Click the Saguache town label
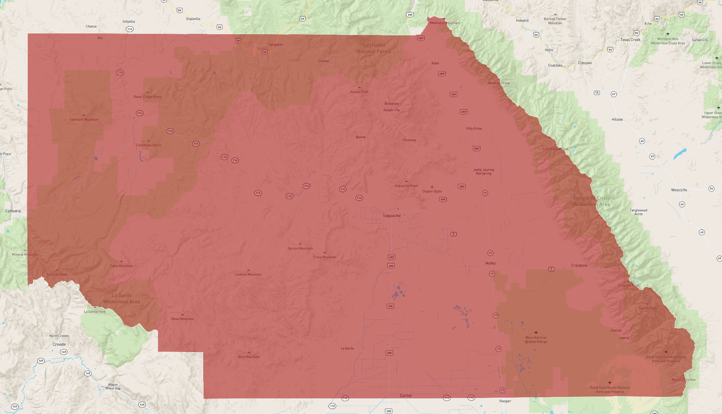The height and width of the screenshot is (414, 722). click(x=392, y=216)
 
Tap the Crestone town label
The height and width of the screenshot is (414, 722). click(x=579, y=265)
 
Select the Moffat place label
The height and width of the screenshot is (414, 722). click(x=490, y=263)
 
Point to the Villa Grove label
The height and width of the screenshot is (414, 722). click(x=474, y=128)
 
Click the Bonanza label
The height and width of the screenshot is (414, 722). click(x=392, y=104)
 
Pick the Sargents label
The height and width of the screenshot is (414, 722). click(x=276, y=45)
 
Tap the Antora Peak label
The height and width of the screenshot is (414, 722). click(x=359, y=92)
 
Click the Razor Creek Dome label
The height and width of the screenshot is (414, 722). click(x=147, y=97)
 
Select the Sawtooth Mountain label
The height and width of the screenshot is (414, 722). click(x=84, y=120)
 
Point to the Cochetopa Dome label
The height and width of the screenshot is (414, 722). click(x=149, y=145)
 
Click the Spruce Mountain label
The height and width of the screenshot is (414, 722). click(x=300, y=248)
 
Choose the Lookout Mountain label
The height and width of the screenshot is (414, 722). click(x=248, y=275)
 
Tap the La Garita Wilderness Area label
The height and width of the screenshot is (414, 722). click(x=122, y=299)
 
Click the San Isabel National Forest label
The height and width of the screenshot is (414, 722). click(x=374, y=48)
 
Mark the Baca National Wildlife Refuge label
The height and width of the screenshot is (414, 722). click(x=536, y=340)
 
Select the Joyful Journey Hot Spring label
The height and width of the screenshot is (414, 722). click(x=483, y=172)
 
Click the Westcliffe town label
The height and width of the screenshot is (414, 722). click(x=679, y=190)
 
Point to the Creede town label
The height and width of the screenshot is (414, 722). click(x=59, y=344)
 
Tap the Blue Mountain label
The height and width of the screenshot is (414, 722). click(x=249, y=357)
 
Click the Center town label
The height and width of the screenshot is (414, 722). click(x=406, y=396)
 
